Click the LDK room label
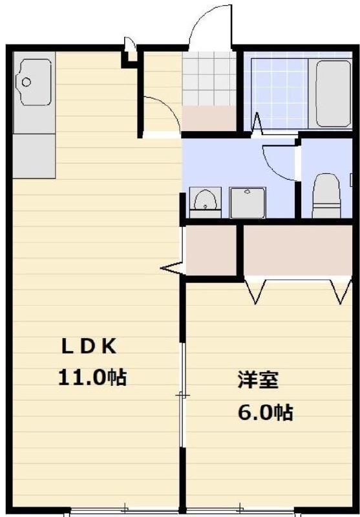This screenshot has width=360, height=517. pos(89,347)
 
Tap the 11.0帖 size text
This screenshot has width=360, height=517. pos(92,377)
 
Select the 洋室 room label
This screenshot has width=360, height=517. pos(257,380)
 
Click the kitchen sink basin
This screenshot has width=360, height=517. pos(34,82)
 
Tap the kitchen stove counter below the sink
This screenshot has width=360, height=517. pos(34,155)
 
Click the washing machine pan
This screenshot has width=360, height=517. pos(248,203)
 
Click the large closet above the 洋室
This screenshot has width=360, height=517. pos(298,250)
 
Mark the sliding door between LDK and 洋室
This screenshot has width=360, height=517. pos(183,394)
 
